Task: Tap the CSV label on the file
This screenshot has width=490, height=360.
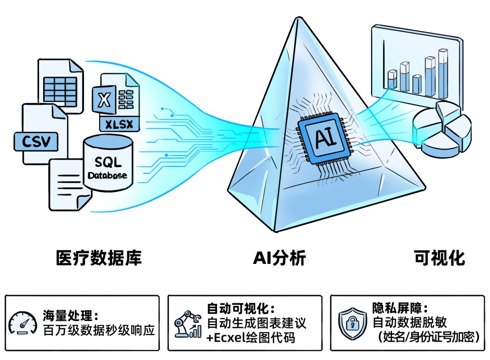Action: coord(36,142)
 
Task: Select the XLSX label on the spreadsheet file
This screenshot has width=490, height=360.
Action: coord(119,124)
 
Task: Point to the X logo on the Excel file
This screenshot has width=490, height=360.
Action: coord(104,100)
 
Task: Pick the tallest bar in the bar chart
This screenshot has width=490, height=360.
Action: coord(443,74)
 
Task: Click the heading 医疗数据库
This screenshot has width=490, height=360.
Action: coord(99,258)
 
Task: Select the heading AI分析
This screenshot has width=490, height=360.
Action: coord(279,258)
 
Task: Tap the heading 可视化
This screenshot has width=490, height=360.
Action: coord(439,258)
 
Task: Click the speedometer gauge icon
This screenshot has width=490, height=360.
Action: coord(23,323)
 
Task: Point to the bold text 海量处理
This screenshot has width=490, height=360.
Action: coord(68,316)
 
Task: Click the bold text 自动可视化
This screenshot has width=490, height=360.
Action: coord(237,308)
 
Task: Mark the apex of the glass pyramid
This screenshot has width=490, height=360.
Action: coord(299,17)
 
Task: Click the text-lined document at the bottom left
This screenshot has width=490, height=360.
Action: coord(70,184)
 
